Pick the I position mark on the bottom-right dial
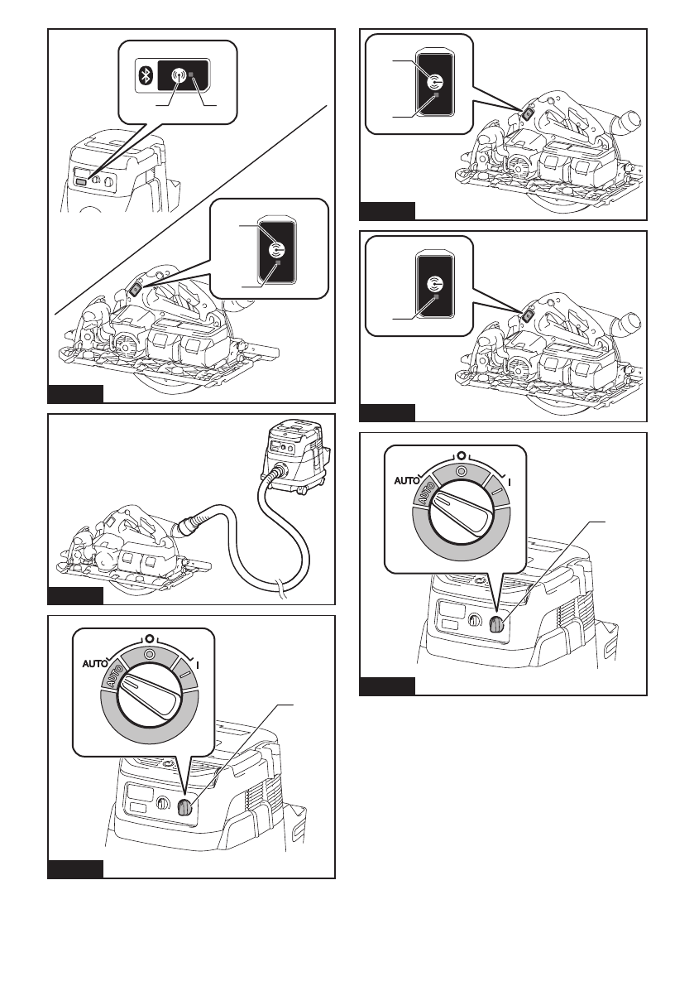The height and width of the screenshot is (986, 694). pyautogui.click(x=508, y=479)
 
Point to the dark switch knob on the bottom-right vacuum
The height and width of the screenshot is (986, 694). pyautogui.click(x=496, y=626)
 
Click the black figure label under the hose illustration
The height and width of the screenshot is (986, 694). pyautogui.click(x=75, y=596)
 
